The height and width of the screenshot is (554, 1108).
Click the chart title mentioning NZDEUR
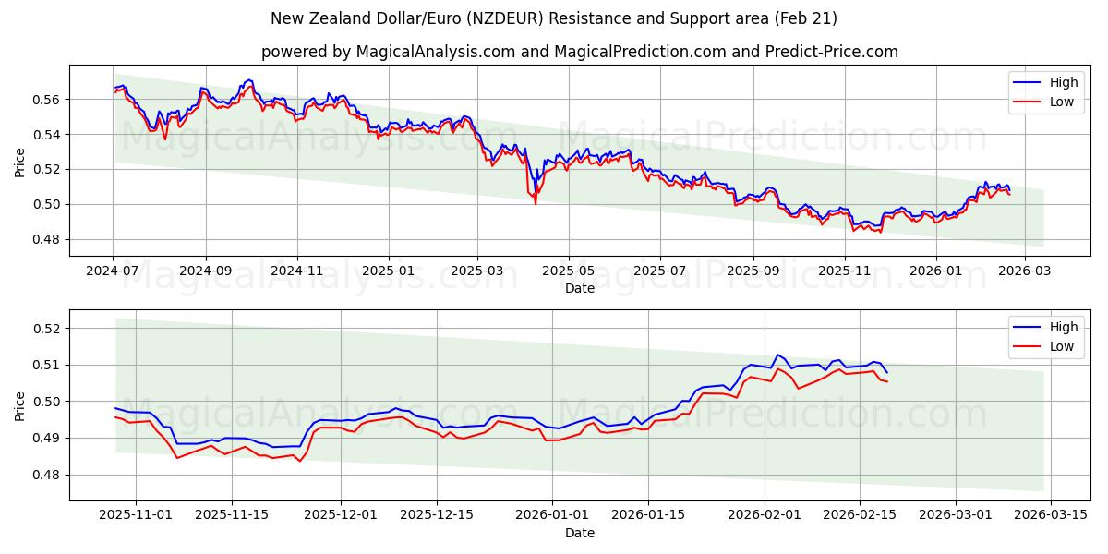(554, 18)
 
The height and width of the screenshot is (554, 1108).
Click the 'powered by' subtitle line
(579, 52)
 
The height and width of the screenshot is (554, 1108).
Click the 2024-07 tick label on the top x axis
(114, 271)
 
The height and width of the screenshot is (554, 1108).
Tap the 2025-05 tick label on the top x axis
(569, 271)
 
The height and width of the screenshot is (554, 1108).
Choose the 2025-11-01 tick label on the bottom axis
(136, 515)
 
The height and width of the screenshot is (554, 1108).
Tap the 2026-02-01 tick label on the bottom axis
(765, 515)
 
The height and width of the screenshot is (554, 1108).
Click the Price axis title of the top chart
(20, 161)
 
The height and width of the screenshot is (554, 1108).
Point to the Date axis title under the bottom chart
(579, 533)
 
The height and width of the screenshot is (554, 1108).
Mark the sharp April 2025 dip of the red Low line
(536, 202)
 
